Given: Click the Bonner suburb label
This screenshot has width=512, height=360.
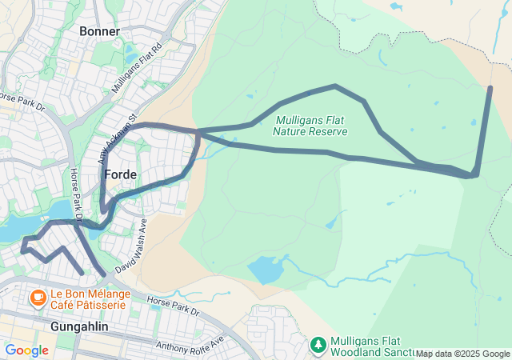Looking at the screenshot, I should pos(100,31).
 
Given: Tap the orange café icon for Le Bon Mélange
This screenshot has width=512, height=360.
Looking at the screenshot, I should pos(37,298).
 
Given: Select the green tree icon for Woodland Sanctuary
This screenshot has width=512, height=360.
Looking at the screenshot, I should pos(318,345).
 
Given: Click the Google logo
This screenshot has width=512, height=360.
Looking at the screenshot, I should pos(26,350).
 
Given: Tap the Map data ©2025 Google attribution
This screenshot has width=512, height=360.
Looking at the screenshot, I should pos(462,354).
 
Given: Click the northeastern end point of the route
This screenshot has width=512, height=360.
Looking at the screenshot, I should pos(490,88).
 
